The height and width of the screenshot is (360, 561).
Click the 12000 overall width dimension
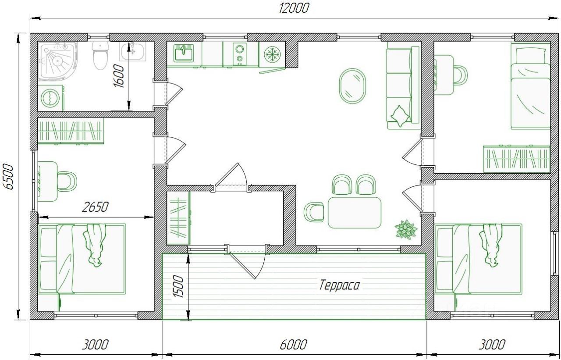click(294, 8)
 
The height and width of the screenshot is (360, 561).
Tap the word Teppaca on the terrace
click(339, 285)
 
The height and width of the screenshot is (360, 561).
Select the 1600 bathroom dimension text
click(119, 76)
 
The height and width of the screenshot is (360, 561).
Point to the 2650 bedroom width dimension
click(96, 207)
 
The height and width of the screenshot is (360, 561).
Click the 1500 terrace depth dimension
click(178, 286)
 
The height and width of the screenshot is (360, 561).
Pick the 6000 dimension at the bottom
click(293, 345)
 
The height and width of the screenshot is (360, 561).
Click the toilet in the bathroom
click(100, 56)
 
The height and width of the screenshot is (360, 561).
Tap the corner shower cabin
click(57, 61)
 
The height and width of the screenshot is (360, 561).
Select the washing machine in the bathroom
click(50, 98)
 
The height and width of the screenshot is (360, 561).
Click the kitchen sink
click(184, 53)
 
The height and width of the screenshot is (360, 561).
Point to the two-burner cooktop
click(240, 54)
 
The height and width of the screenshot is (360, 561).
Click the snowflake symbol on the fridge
click(272, 54)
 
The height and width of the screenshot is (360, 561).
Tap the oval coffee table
click(352, 86)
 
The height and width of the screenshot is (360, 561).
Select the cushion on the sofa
click(400, 116)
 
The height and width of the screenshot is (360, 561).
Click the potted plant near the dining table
click(406, 229)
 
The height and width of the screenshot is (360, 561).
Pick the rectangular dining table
click(355, 212)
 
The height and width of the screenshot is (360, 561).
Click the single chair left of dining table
click(313, 212)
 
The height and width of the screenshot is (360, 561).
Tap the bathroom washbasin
click(132, 51)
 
